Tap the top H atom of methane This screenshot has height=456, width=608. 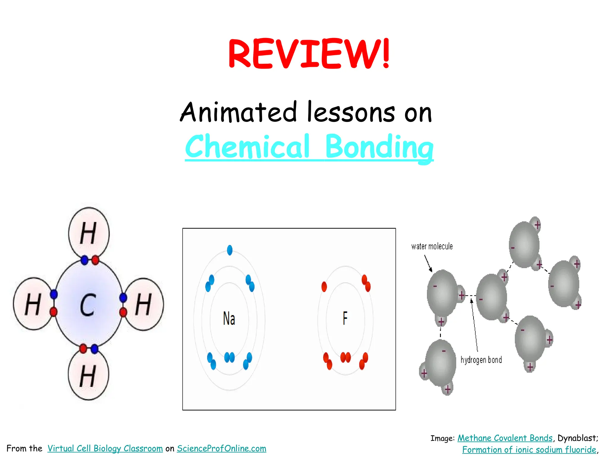pyautogui.click(x=88, y=233)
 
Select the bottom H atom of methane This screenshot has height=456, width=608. pyautogui.click(x=88, y=376)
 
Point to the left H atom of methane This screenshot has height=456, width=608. pyautogui.click(x=33, y=304)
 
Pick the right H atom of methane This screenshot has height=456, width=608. pyautogui.click(x=144, y=304)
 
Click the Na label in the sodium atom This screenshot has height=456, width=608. pyautogui.click(x=229, y=319)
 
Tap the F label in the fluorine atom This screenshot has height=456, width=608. pyautogui.click(x=345, y=318)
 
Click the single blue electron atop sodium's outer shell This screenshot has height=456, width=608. pyautogui.click(x=229, y=250)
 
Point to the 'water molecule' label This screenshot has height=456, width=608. pyautogui.click(x=432, y=246)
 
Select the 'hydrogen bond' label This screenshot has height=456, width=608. pyautogui.click(x=481, y=360)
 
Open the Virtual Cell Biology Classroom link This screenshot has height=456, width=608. pyautogui.click(x=105, y=448)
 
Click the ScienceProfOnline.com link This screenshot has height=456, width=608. pyautogui.click(x=221, y=448)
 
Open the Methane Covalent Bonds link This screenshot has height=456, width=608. pyautogui.click(x=505, y=438)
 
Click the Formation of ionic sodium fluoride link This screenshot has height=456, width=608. pyautogui.click(x=529, y=450)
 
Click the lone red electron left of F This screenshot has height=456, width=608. pyautogui.click(x=324, y=287)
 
